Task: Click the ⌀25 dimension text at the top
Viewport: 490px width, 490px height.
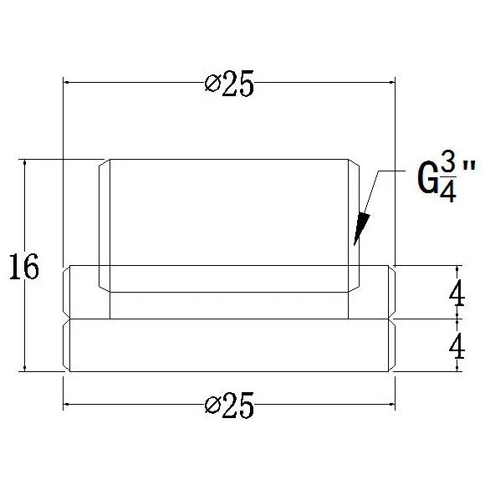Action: [x=228, y=84]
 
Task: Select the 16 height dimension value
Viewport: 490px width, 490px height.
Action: [x=24, y=268]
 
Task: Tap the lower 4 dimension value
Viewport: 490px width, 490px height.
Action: [x=457, y=345]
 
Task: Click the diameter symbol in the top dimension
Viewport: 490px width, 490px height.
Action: [x=211, y=84]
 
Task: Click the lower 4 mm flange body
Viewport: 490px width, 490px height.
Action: [x=228, y=345]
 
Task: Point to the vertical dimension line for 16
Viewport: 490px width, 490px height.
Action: [x=26, y=217]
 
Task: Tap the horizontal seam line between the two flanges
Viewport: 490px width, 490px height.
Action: [x=228, y=319]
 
